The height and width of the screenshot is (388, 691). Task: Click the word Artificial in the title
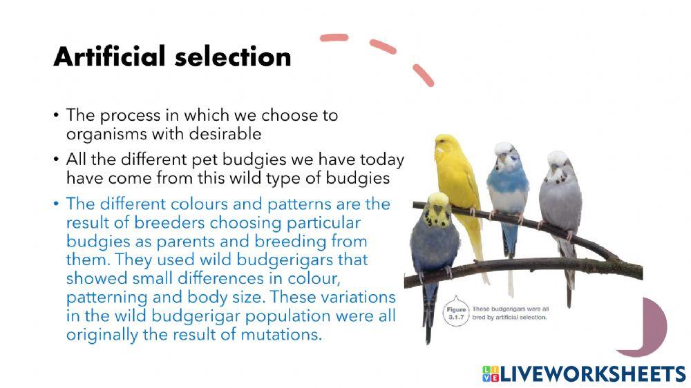tap(109, 56)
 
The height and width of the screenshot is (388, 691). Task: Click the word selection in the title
tap(233, 57)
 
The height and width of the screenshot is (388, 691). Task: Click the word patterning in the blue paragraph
tap(106, 298)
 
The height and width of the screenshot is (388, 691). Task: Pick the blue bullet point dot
tap(56, 204)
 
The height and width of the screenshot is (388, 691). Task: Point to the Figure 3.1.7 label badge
tap(455, 313)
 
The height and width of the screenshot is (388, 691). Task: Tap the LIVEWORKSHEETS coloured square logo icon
tap(491, 374)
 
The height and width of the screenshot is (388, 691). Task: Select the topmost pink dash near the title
tap(334, 37)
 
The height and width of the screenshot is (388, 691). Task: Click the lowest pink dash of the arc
tap(423, 75)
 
